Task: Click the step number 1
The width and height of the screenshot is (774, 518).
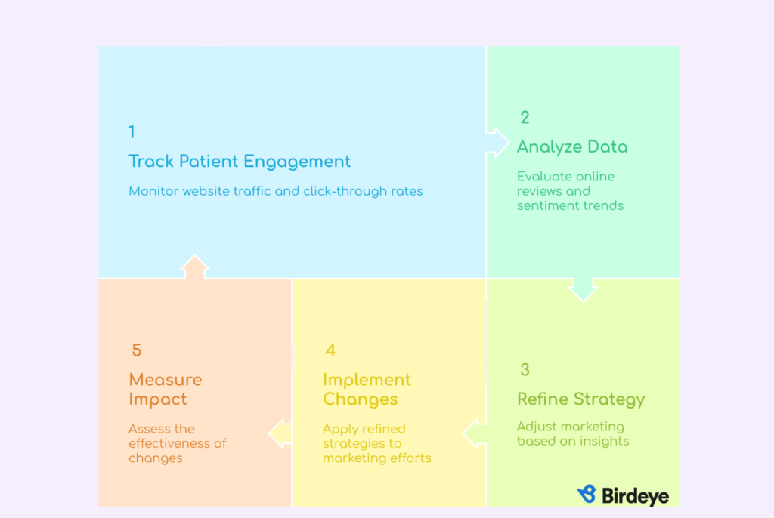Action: [132, 131]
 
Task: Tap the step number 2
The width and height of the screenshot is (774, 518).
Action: [525, 117]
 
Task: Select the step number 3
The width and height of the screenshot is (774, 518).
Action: [525, 369]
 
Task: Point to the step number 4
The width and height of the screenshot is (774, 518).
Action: [331, 350]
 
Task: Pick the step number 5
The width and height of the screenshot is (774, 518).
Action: [137, 350]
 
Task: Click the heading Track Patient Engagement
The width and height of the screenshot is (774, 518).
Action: [240, 162]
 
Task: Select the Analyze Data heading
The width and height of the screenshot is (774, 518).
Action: [572, 146]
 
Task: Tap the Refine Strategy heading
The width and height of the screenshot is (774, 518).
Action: [581, 399]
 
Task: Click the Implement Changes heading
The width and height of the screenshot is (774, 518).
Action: [367, 389]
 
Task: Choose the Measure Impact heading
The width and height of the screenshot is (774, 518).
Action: [166, 389]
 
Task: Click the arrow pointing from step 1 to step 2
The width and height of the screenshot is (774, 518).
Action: [497, 143]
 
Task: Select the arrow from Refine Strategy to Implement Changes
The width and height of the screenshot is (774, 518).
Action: [475, 433]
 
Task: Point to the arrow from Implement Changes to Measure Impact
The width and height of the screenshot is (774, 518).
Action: [280, 433]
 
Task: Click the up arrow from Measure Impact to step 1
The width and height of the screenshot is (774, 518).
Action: [194, 267]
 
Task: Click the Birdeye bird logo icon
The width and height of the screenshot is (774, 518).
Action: [587, 494]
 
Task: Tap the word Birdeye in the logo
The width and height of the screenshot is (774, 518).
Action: [635, 496]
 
